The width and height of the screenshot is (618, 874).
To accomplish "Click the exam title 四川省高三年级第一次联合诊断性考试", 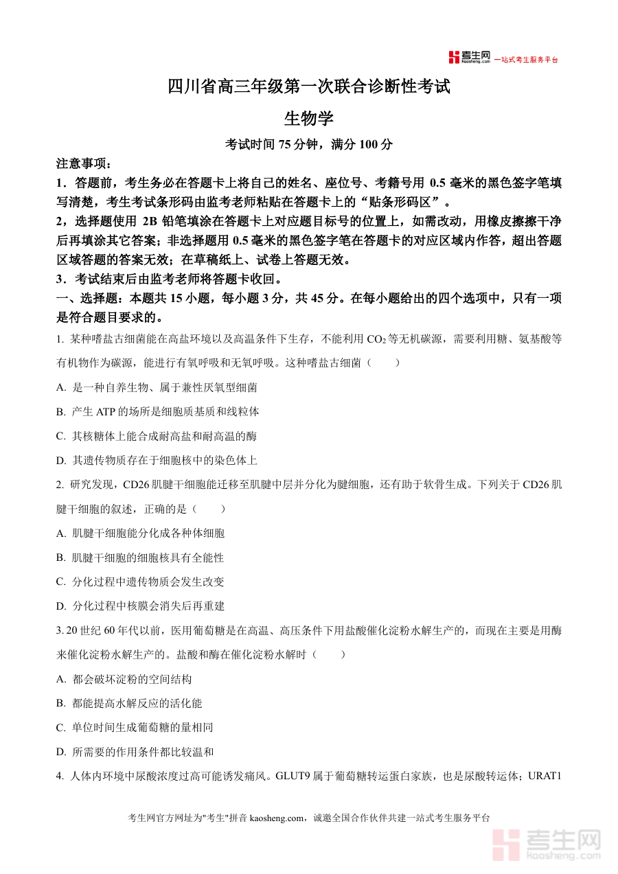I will point(309,87).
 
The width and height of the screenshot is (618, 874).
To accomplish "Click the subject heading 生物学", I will point(309,118).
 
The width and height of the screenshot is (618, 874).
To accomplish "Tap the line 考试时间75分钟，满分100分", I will point(309,144).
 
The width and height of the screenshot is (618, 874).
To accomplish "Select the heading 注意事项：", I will point(82,164).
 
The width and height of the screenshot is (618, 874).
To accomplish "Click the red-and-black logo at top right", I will point(469,58).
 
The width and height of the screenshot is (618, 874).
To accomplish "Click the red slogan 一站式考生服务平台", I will point(527,60).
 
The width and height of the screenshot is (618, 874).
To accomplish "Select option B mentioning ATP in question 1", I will point(157,412).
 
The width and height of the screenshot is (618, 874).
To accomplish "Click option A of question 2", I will point(140,533).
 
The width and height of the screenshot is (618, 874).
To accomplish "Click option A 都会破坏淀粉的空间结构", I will point(124,679).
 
